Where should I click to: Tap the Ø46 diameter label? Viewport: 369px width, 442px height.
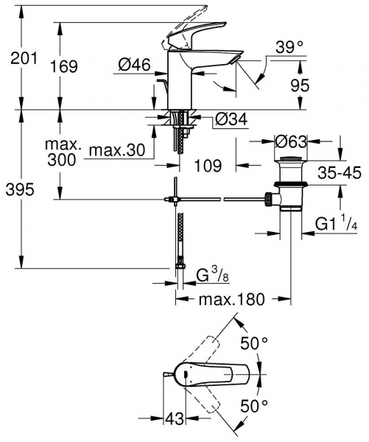[134, 66]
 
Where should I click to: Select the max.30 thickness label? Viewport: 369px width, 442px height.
[116, 152]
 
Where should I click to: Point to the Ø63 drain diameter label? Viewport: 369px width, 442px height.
[290, 139]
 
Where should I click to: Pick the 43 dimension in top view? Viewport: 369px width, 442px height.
[174, 418]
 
